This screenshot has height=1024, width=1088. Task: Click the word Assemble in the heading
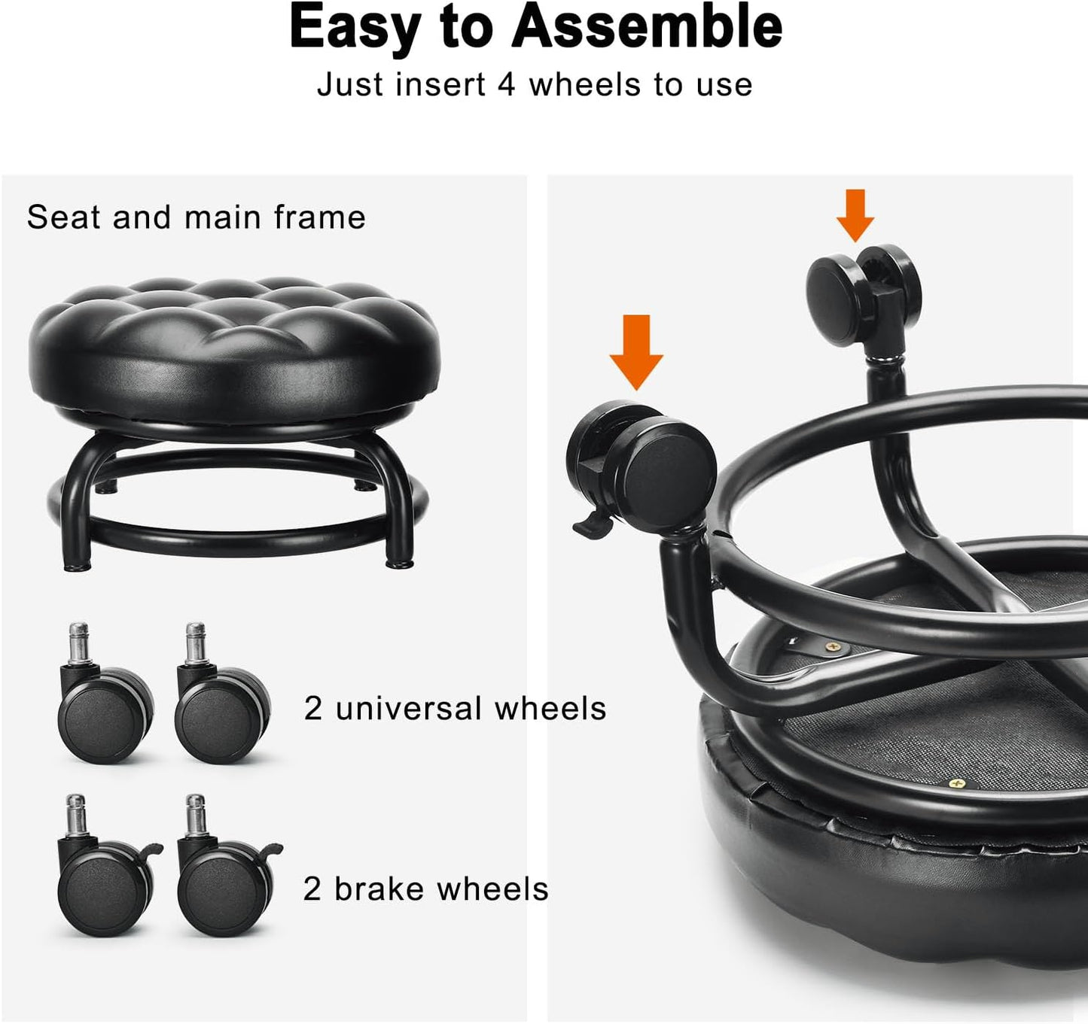click(648, 27)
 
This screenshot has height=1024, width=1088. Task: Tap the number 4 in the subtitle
click(506, 84)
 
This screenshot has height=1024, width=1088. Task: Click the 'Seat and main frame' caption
click(196, 217)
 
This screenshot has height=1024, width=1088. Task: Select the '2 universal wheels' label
click(455, 708)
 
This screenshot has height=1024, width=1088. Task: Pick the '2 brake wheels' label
click(425, 889)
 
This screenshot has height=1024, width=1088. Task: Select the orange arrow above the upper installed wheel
click(855, 215)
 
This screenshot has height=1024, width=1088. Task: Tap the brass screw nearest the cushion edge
click(958, 784)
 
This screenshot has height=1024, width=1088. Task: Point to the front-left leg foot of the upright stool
click(75, 563)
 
